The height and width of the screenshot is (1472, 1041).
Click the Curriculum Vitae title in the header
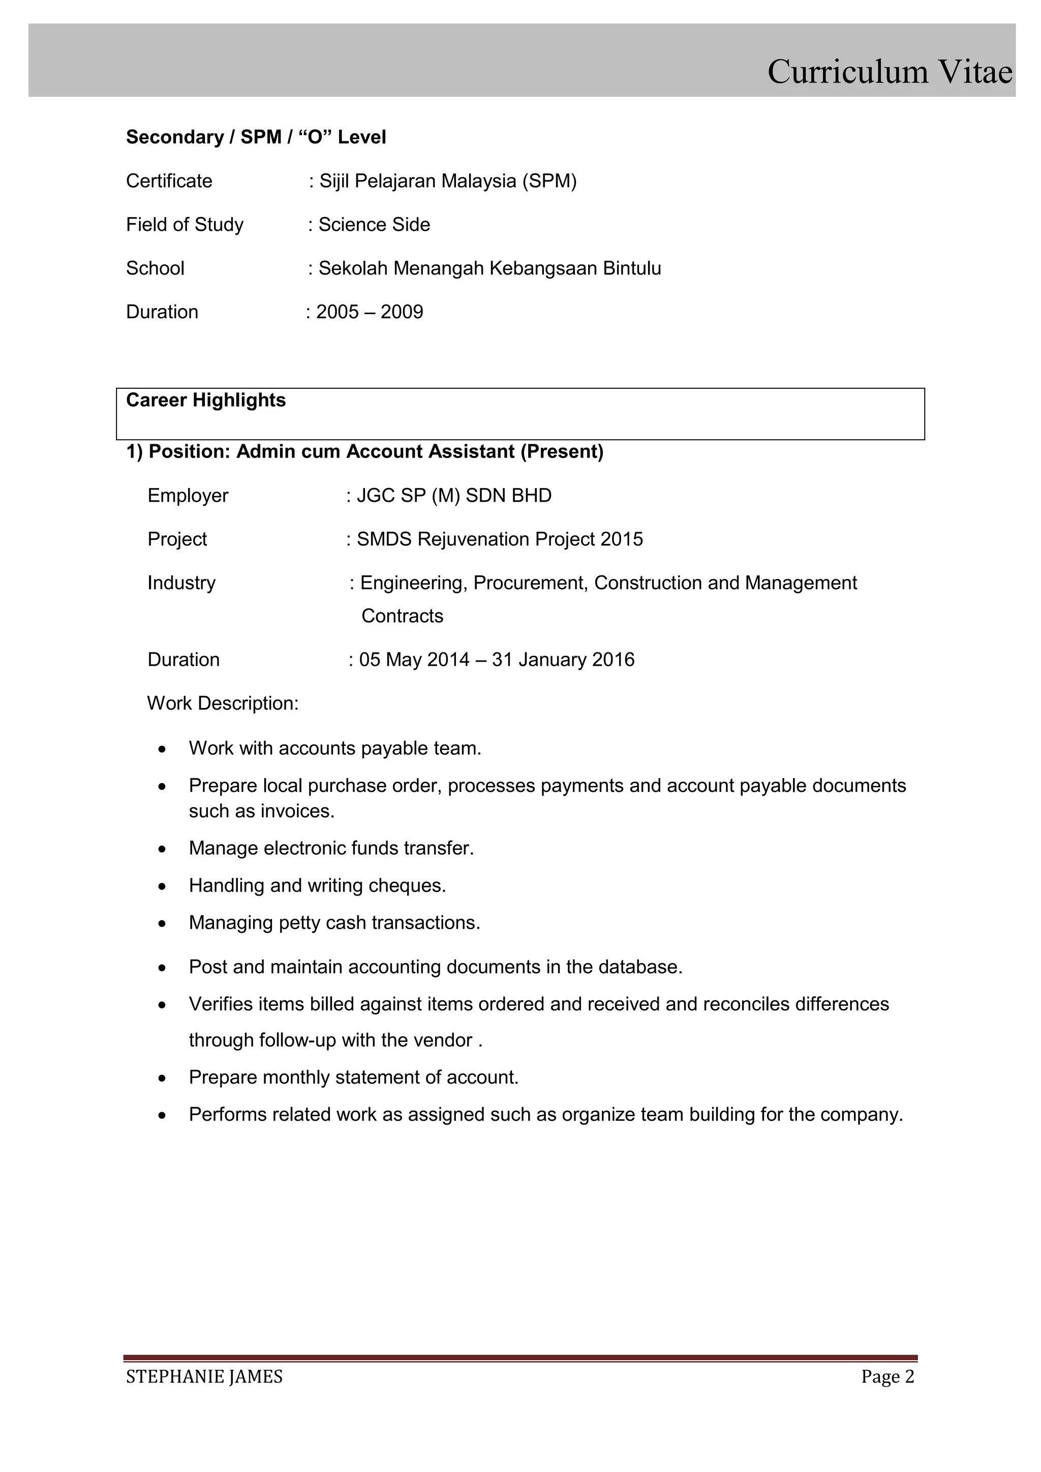coord(889,71)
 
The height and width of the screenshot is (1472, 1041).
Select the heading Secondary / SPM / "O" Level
coord(256,137)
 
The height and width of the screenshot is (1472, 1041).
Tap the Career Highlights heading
coord(206,400)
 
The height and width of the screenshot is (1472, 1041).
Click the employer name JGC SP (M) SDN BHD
coord(454,496)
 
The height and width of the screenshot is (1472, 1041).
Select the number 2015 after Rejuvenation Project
coord(621,539)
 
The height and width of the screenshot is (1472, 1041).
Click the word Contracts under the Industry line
coord(402,616)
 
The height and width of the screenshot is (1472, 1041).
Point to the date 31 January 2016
coord(563,660)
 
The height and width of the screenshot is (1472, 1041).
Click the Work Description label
coord(223,703)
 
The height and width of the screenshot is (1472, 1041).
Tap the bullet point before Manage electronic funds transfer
coord(163,849)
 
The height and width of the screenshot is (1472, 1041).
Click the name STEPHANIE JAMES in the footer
coord(204,1377)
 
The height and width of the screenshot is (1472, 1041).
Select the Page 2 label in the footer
coord(887,1377)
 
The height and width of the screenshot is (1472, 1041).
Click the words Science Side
coord(374,224)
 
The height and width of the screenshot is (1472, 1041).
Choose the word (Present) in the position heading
coord(562,452)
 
